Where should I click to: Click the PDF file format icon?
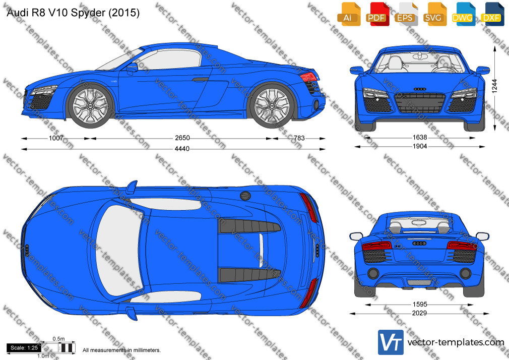(377, 14)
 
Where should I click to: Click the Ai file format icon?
(349, 14)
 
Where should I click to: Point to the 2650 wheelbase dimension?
(182, 138)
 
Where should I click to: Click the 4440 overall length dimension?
(182, 149)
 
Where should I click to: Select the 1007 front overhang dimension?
(56, 138)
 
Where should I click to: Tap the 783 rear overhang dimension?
(299, 138)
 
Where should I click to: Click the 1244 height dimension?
(494, 86)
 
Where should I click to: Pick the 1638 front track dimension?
(420, 138)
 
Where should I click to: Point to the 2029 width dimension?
(419, 313)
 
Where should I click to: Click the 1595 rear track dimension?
(420, 305)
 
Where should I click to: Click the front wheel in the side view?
(90, 105)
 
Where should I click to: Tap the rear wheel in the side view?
(271, 105)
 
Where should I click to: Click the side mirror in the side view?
(132, 67)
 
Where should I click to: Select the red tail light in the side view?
(308, 76)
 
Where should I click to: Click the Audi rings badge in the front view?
(420, 89)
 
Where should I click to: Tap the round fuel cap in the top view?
(245, 196)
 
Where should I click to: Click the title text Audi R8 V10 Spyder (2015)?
(73, 13)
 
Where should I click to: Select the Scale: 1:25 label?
(24, 348)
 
